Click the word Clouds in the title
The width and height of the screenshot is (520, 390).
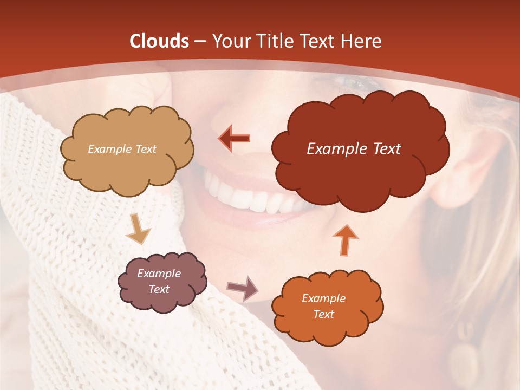159,41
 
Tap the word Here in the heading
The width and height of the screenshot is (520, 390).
362,41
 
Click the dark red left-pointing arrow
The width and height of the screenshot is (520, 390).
235,138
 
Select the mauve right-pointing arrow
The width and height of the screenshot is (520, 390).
242,288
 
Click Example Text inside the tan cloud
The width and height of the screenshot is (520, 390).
122,149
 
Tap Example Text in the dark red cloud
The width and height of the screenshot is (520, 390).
354,149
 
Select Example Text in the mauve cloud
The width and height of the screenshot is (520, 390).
159,282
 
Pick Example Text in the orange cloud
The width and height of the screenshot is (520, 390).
323,306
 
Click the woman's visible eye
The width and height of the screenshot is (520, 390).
355,83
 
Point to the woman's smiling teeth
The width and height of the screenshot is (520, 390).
255,198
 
